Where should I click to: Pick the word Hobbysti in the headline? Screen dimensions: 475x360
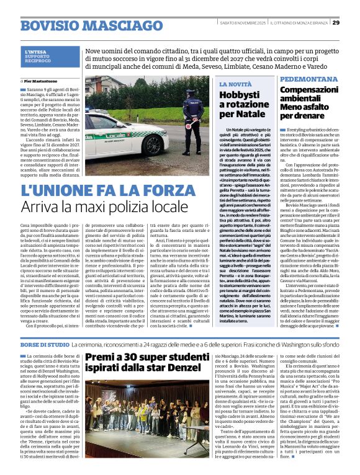click(x=239, y=95)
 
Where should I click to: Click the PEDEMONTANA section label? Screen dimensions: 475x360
click(x=308, y=81)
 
